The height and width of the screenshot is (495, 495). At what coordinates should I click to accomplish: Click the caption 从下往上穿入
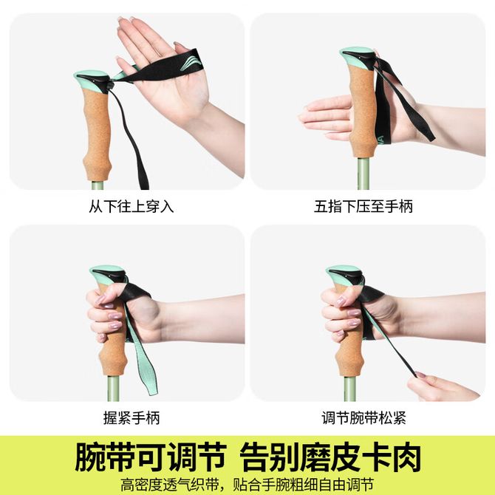(x=131, y=206)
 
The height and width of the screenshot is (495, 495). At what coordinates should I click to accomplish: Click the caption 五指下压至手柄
(x=363, y=206)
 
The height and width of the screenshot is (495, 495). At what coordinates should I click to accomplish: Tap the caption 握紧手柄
(x=132, y=417)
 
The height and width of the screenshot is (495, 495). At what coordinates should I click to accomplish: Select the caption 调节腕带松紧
(x=363, y=417)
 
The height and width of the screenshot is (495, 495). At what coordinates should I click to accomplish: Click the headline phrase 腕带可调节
(x=151, y=457)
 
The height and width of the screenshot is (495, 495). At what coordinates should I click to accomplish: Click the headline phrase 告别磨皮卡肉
(x=330, y=457)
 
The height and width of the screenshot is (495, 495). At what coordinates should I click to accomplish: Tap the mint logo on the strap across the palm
(x=191, y=63)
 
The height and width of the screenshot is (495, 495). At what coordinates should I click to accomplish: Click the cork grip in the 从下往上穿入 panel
(x=98, y=134)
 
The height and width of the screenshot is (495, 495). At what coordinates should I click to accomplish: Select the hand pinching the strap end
(x=442, y=387)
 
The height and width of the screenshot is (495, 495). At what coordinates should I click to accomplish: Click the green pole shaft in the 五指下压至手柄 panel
(x=363, y=174)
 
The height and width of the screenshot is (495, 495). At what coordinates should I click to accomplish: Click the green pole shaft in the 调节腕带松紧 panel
(x=349, y=389)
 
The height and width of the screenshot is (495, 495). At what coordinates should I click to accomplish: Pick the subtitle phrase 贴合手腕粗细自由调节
(x=304, y=485)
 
